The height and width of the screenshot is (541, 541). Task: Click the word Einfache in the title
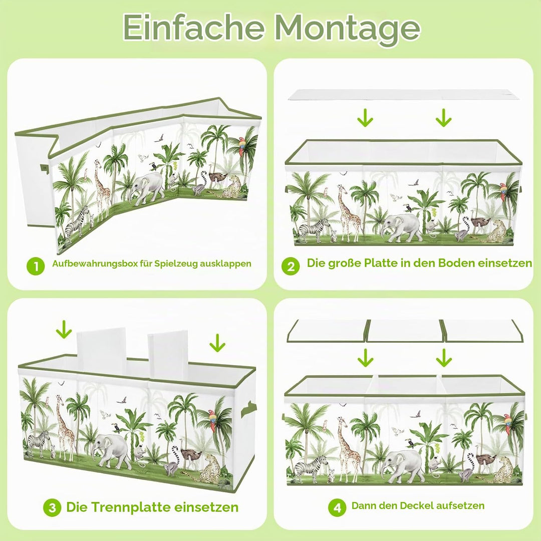(x=193, y=27)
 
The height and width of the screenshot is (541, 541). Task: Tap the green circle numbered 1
(x=36, y=266)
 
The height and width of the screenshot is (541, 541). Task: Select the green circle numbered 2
(x=291, y=266)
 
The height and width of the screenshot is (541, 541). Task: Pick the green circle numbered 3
(x=52, y=507)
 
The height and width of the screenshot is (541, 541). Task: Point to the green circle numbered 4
(x=337, y=507)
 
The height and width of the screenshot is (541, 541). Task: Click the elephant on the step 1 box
(x=147, y=188)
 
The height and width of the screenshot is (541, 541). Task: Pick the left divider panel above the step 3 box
(x=101, y=350)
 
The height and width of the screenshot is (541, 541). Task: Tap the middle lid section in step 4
(x=404, y=331)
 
